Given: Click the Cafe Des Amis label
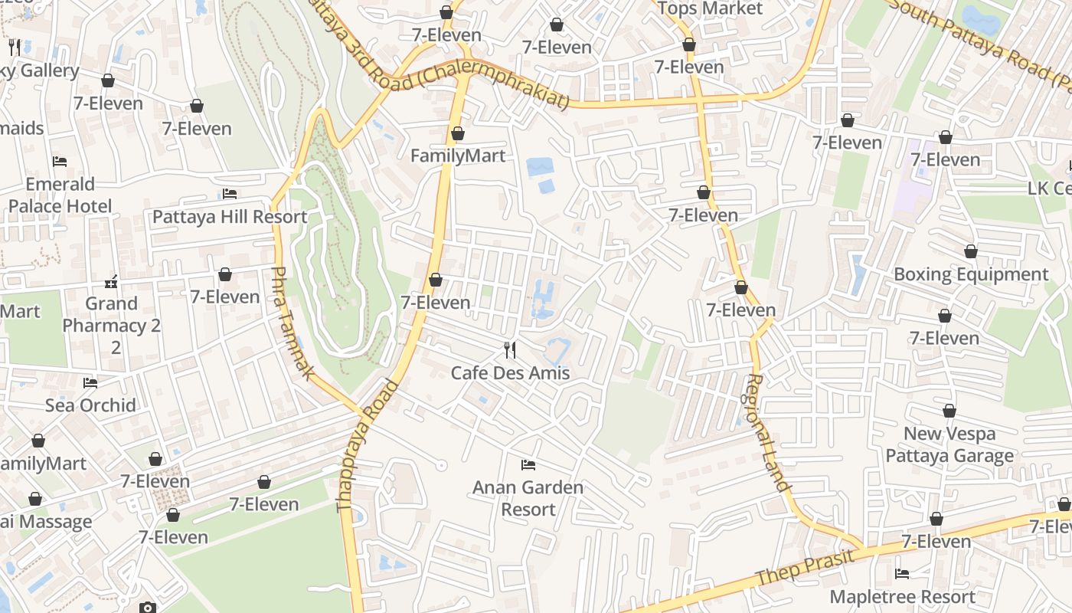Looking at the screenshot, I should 510,373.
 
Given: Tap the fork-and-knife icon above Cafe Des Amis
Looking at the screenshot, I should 510,350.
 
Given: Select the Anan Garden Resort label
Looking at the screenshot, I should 528,498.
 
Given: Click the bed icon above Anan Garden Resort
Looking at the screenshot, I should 528,464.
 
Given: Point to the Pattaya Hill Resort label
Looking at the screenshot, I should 230,217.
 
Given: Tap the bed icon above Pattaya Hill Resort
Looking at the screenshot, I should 230,194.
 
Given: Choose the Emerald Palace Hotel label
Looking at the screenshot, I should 60,195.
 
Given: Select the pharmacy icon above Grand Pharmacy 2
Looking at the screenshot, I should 112,282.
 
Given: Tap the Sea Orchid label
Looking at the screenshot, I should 90,405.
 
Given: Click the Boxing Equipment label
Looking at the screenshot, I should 971,274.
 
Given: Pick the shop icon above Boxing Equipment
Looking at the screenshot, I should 971,251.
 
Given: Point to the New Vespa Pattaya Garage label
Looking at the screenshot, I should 949,444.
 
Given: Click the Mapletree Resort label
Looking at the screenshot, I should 902,597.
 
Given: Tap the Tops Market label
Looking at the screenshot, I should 711,9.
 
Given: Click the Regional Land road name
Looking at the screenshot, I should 767,432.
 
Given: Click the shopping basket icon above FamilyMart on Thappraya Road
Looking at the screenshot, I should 458,133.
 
